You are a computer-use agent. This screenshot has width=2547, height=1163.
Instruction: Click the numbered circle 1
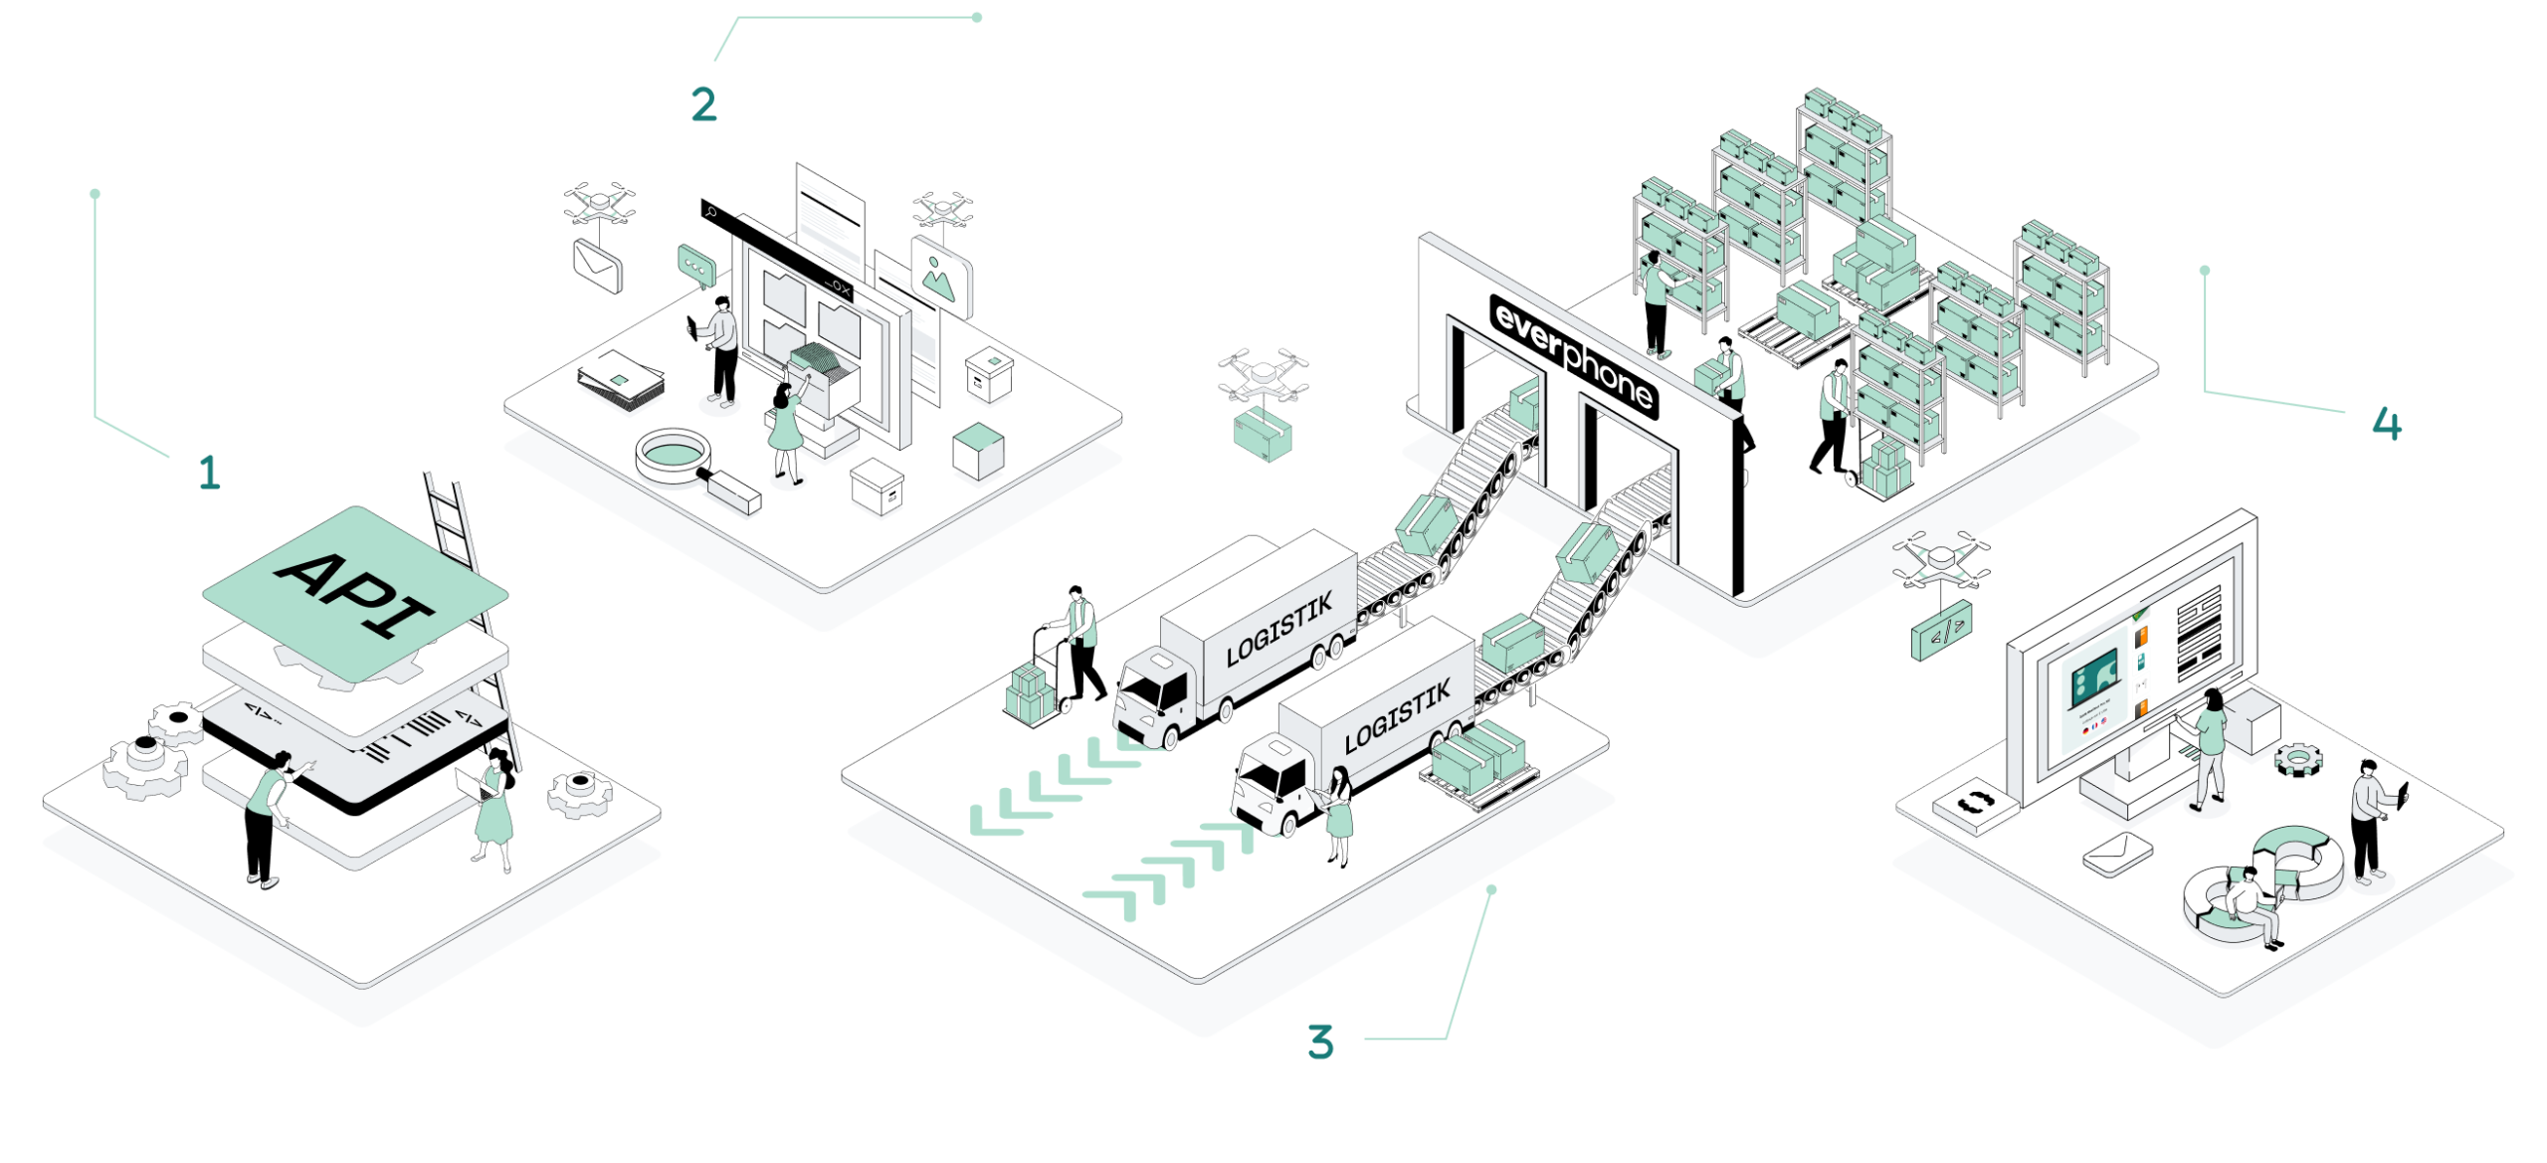pyautogui.click(x=210, y=472)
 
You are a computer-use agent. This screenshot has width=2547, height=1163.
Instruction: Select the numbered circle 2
pyautogui.click(x=704, y=104)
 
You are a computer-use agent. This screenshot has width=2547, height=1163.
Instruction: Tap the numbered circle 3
pyautogui.click(x=1319, y=1042)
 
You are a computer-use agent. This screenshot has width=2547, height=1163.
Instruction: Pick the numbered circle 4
pyautogui.click(x=2387, y=424)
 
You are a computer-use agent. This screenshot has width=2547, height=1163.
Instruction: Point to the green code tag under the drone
pyautogui.click(x=1939, y=630)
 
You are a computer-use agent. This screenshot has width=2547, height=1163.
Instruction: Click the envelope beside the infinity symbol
pyautogui.click(x=2117, y=854)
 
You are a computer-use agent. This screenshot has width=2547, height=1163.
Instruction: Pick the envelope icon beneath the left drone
pyautogui.click(x=597, y=267)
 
